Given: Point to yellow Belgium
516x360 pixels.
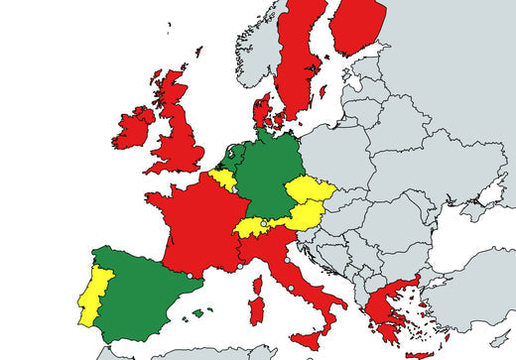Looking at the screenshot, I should tap(223, 180).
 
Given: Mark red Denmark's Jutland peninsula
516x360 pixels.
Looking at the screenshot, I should tap(263, 108).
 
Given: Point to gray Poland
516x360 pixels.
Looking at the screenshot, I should tap(342, 159).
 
